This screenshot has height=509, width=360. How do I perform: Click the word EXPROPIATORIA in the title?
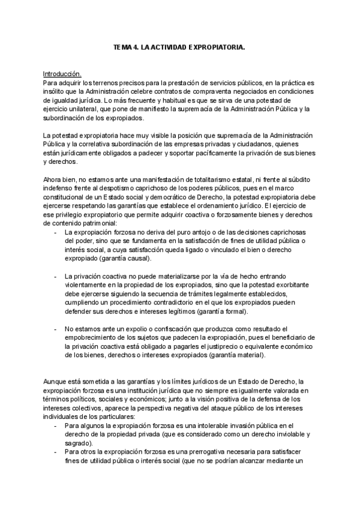(x=215, y=46)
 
